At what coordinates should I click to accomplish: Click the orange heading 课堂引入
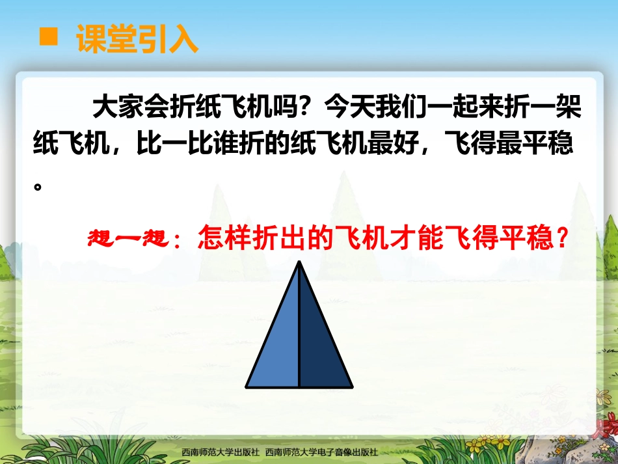pyautogui.click(x=137, y=39)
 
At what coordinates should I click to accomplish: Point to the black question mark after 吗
pyautogui.click(x=302, y=107)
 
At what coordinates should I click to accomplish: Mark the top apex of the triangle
pyautogui.click(x=299, y=262)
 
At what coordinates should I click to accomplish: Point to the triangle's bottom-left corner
pyautogui.click(x=247, y=385)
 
